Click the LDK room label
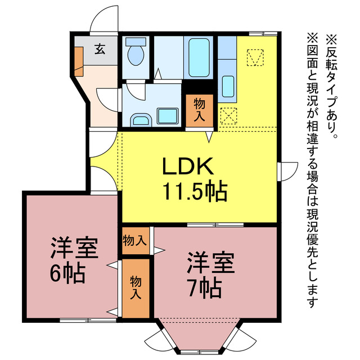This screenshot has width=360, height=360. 188,166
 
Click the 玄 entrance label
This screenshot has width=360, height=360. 99,49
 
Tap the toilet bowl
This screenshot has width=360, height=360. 136,54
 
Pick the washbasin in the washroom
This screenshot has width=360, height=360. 139,119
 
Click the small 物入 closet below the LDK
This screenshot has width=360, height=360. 135,241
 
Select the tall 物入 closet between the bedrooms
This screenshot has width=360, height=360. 136,287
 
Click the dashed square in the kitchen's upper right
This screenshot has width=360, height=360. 255,57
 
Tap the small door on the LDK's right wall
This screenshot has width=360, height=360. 289,169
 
